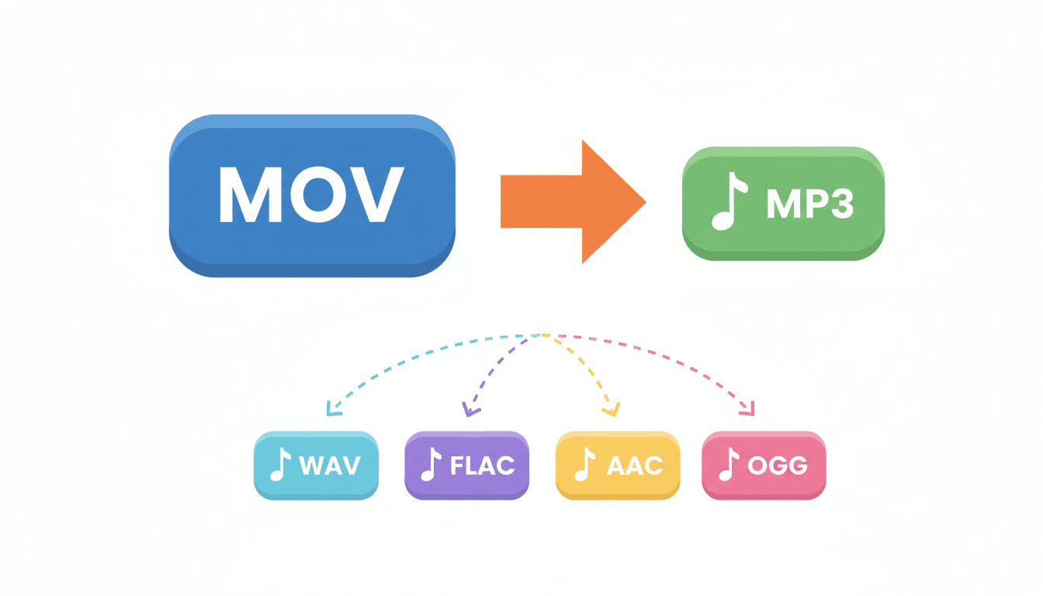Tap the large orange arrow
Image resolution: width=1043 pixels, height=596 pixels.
pyautogui.click(x=574, y=201)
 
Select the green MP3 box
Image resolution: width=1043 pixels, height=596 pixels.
pyautogui.click(x=783, y=203)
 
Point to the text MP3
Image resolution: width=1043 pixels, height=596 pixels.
pyautogui.click(x=809, y=204)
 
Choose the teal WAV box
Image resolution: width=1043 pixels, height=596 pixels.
pyautogui.click(x=316, y=466)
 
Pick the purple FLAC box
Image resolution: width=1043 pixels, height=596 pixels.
pyautogui.click(x=466, y=466)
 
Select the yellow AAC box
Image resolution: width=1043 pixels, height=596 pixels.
pyautogui.click(x=618, y=466)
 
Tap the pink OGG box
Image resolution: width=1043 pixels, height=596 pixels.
pyautogui.click(x=764, y=466)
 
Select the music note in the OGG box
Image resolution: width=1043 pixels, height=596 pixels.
pyautogui.click(x=727, y=466)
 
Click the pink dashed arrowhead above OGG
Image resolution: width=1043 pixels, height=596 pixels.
pyautogui.click(x=748, y=409)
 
